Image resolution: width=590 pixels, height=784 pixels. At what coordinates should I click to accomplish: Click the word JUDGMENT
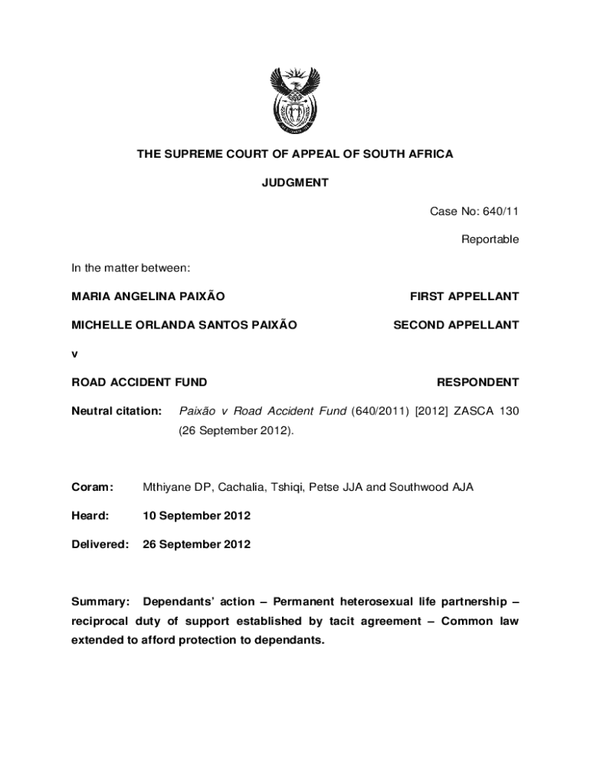295,183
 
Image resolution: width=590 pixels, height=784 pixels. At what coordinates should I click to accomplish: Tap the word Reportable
490,240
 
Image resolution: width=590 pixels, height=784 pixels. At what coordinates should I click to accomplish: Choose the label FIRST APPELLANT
464,296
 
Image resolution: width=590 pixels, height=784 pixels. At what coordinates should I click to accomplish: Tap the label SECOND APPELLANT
456,325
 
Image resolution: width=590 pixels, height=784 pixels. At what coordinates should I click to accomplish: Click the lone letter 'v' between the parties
74,354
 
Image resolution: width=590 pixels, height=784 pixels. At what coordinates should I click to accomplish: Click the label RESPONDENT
477,382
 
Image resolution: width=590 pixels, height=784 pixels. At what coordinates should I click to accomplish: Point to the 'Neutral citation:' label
116,411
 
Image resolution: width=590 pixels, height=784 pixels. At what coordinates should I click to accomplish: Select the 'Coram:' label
92,487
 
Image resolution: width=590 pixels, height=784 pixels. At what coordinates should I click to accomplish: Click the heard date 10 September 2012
196,516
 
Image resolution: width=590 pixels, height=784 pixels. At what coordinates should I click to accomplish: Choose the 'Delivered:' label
100,544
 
